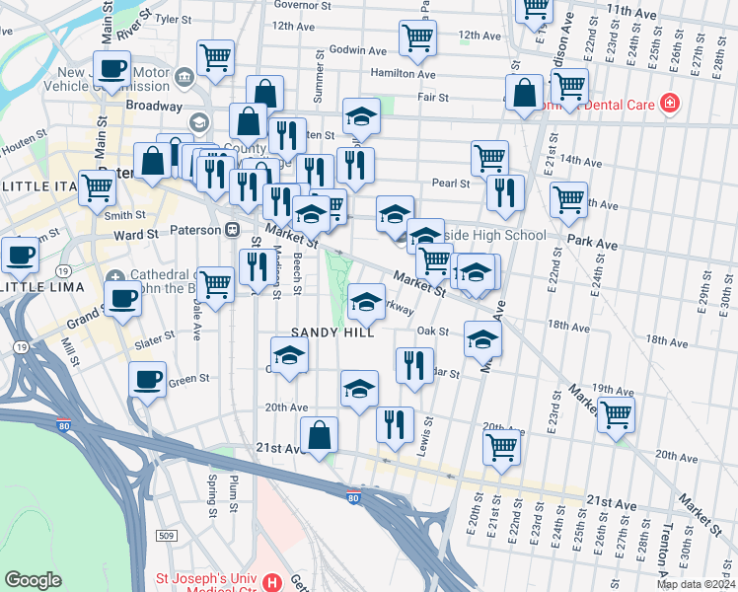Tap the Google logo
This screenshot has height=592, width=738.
point(33,580)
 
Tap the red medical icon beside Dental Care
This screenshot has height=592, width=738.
point(670,103)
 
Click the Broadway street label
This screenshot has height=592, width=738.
point(153,105)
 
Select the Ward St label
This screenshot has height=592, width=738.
point(136,235)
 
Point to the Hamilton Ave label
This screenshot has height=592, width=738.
point(403,74)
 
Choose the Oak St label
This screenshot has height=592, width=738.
point(433,332)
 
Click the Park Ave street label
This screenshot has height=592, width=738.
point(592,243)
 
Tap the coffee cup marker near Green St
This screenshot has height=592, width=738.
point(148,379)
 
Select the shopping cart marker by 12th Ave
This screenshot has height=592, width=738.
point(417,37)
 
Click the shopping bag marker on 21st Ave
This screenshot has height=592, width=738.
point(320,434)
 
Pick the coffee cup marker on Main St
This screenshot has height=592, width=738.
point(112,68)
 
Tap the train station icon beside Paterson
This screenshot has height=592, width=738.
point(233,229)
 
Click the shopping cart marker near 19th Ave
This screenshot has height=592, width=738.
point(616,414)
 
